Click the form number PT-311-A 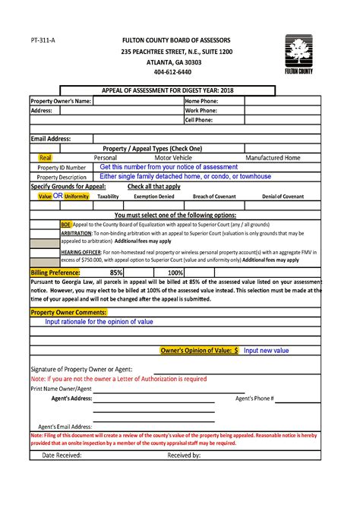click(42, 39)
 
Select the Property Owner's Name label click(61, 101)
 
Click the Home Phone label click(201, 101)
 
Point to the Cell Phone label click(199, 120)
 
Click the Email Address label click(51, 139)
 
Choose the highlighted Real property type click(45, 158)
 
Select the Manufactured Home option click(273, 158)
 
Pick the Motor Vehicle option click(174, 158)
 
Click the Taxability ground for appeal click(108, 196)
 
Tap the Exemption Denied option click(154, 196)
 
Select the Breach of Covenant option click(214, 196)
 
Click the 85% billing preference click(116, 272)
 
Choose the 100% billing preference click(175, 272)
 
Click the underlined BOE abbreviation click(65, 225)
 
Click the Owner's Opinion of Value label click(199, 351)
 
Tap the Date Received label click(62, 455)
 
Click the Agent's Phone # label click(254, 398)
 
